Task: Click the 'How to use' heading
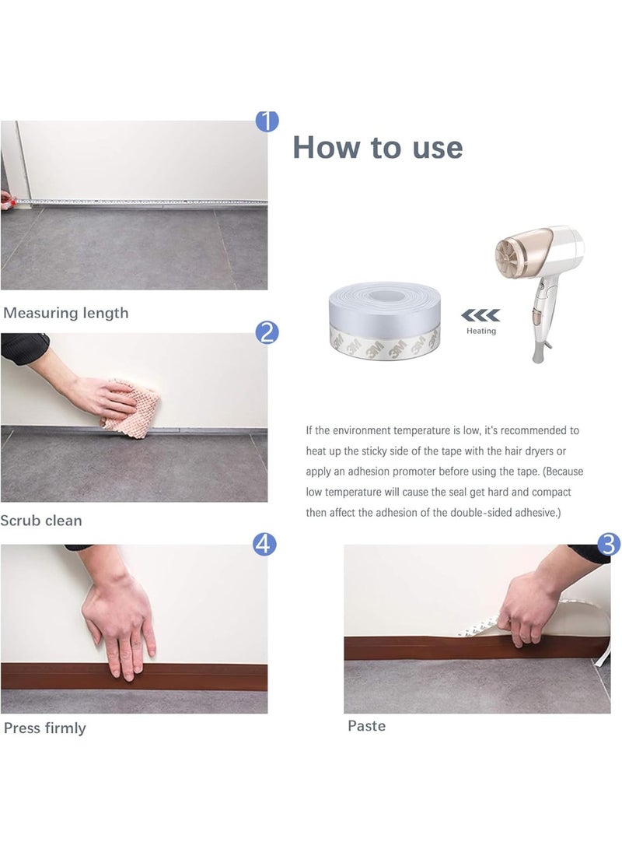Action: click(x=378, y=147)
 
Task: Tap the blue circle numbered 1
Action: click(x=267, y=121)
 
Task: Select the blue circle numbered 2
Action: click(x=267, y=332)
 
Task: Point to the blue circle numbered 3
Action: click(x=609, y=544)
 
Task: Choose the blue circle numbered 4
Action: click(x=264, y=544)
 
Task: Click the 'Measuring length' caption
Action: click(x=66, y=313)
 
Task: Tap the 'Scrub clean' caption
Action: click(x=41, y=521)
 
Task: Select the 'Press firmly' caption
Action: click(x=45, y=728)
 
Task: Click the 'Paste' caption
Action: click(x=367, y=725)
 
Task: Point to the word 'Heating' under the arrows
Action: click(x=481, y=331)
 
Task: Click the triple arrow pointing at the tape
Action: click(x=480, y=315)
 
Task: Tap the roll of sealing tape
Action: click(x=385, y=321)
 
